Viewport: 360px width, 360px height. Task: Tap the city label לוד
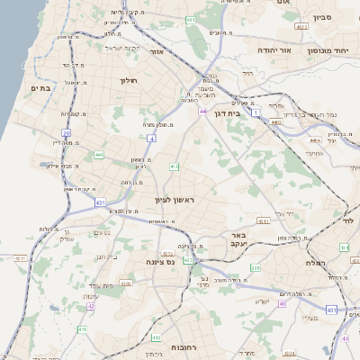click(347, 220)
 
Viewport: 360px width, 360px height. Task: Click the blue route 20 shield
click(66, 133)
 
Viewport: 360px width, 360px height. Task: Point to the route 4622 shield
click(301, 27)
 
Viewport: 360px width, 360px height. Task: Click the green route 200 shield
click(256, 267)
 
